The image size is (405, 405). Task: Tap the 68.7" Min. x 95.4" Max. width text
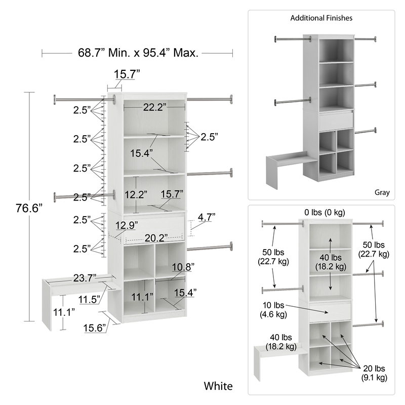(138, 52)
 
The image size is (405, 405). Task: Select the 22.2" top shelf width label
(154, 107)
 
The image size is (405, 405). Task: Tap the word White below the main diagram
(218, 386)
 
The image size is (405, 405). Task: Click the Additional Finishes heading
(321, 18)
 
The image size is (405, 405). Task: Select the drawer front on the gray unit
(336, 120)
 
